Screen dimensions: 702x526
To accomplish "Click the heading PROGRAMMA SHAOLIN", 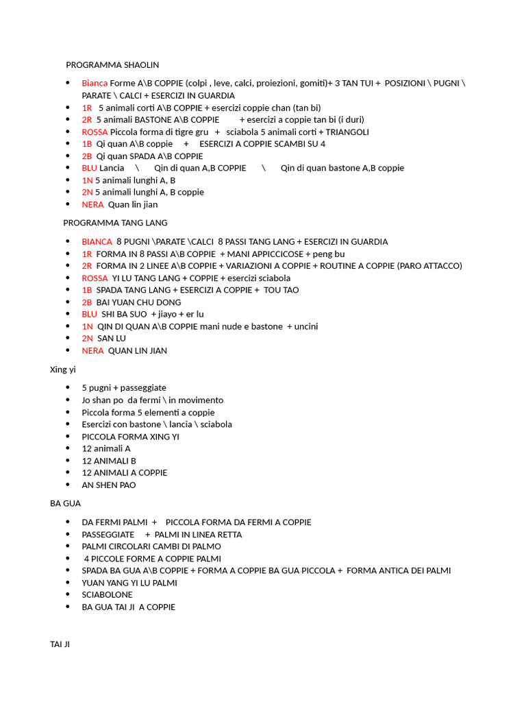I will pos(112,65).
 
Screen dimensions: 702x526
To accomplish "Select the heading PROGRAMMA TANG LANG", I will pos(115,223).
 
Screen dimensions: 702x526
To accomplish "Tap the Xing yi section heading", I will pos(63,370).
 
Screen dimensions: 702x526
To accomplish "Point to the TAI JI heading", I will pos(60,644).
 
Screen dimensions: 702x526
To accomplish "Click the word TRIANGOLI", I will pos(347,132).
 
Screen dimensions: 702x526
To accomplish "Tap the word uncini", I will pos(306,326).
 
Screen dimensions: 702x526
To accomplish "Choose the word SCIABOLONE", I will pos(108,594).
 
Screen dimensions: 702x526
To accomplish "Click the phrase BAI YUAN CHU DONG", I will pos(139,302).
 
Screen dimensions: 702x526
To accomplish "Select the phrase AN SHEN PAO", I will pos(109,485).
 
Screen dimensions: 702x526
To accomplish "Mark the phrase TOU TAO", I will pos(281,290).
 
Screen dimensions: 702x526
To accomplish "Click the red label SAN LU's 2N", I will pos(88,339).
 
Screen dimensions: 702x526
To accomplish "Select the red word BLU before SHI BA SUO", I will pos(90,314).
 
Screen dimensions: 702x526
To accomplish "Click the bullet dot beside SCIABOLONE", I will pos(67,594).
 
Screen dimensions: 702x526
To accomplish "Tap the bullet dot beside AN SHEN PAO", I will pos(67,485).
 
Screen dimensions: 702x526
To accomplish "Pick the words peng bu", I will pos(329,254).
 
